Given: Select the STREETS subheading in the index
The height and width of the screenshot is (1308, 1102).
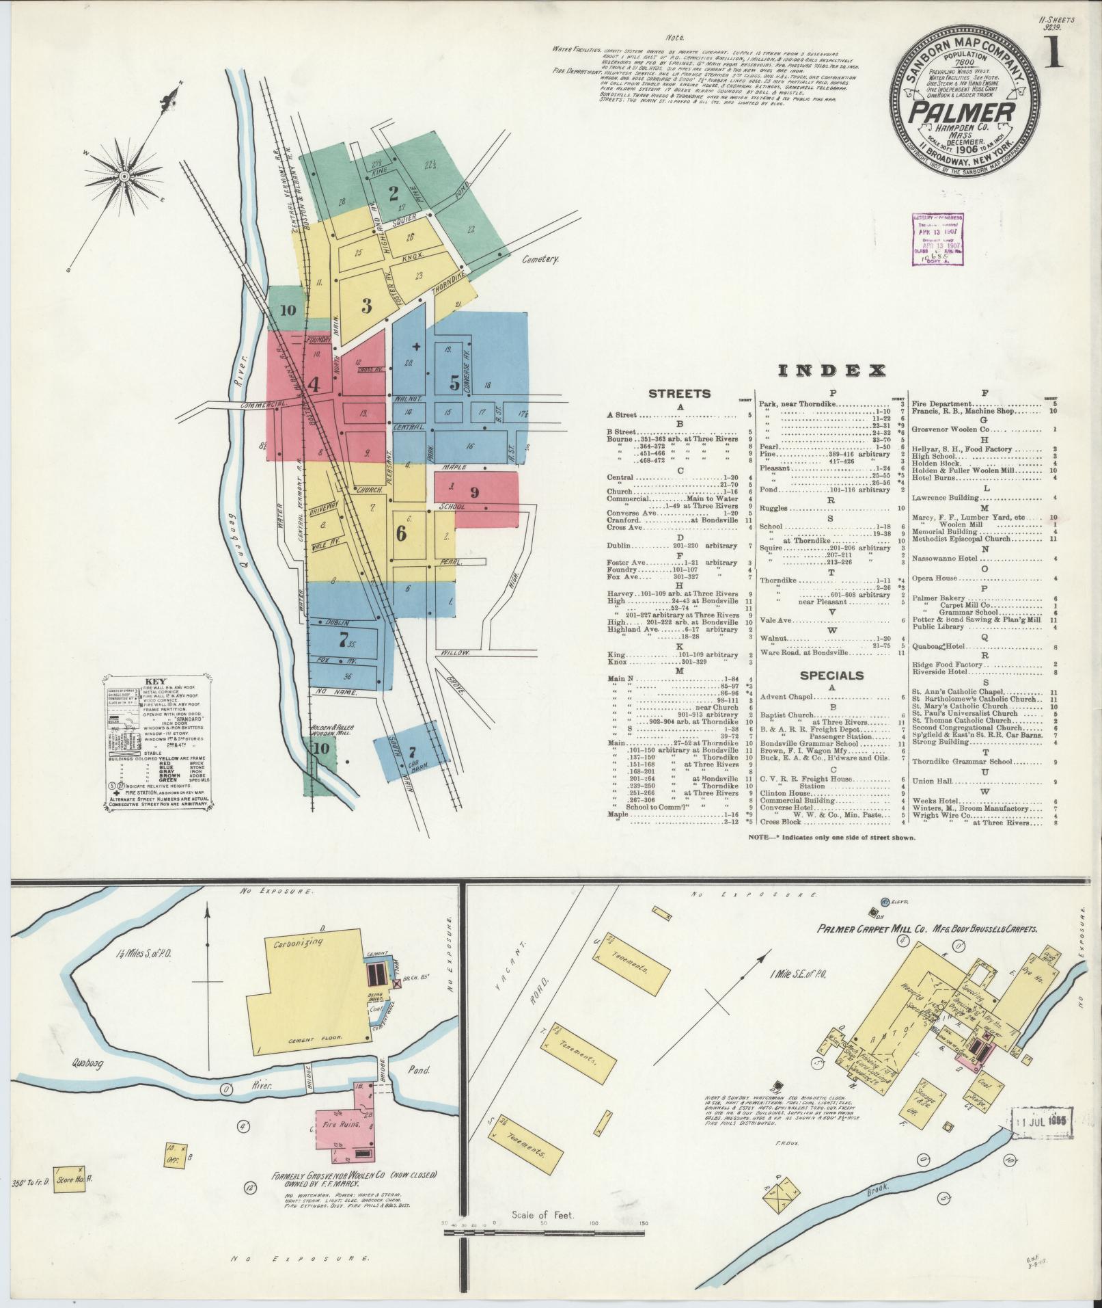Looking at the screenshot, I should point(679,394).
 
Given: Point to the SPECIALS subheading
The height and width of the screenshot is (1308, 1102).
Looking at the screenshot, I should point(831,676).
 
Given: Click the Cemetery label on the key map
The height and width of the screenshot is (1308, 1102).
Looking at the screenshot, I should point(541,259).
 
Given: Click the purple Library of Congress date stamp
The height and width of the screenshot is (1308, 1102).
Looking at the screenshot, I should point(937,239).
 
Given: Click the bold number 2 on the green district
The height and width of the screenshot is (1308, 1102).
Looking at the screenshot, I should point(394,193).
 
